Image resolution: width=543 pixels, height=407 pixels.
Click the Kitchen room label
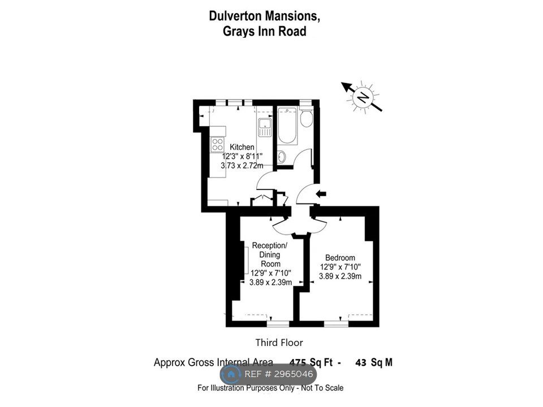pos(242,147)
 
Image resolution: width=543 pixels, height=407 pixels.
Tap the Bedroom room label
pos(340,258)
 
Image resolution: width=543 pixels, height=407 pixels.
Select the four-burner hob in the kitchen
pos(217,145)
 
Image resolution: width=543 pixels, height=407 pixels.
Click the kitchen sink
pos(265,127)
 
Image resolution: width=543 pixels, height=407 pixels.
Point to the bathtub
pos(287,126)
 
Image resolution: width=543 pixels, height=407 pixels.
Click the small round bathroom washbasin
pos(282,158)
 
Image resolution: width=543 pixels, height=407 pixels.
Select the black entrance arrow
pos(321,194)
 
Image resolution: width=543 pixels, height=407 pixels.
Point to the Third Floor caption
pos(279,343)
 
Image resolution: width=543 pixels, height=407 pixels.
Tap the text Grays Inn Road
pos(265,31)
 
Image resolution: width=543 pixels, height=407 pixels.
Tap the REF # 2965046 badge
pos(268,374)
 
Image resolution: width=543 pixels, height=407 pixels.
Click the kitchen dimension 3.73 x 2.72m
pos(242,166)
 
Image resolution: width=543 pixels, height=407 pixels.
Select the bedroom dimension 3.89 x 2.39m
pos(340,276)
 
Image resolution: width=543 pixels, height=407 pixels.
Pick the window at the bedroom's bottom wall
pos(336,323)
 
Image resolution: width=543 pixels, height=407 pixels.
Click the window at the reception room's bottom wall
pos(278,323)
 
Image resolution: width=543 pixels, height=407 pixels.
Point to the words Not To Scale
pos(322,388)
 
